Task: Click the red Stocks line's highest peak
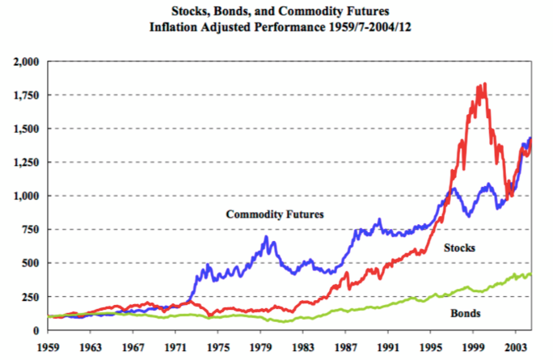(483, 83)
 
